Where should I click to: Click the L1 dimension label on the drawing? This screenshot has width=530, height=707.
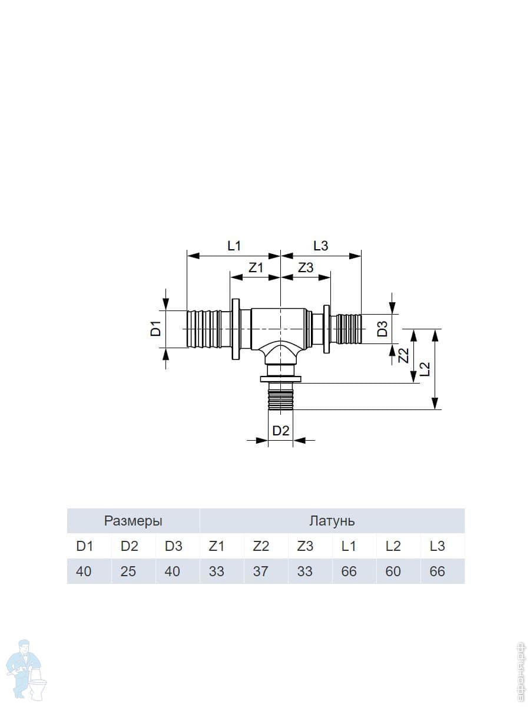point(234,246)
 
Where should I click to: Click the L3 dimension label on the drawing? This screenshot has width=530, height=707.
point(321,246)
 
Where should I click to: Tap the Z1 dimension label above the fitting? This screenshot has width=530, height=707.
point(256,267)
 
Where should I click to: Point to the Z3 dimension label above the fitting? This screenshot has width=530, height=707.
point(306,267)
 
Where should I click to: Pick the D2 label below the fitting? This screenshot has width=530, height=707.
point(281,431)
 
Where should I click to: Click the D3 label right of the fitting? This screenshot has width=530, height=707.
point(383,329)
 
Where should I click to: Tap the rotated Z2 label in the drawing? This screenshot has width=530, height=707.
point(403,355)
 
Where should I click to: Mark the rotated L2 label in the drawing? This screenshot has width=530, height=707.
point(425,369)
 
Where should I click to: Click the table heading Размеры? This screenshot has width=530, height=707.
point(133,521)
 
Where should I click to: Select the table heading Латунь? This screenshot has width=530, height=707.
point(332,521)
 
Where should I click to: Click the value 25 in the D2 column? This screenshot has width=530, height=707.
point(128,571)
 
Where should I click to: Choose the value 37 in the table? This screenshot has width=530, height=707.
point(261,571)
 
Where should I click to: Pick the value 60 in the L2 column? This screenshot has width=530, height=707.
point(393,571)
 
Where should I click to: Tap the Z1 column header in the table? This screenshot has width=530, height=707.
point(217,546)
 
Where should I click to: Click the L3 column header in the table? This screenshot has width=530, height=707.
point(438,546)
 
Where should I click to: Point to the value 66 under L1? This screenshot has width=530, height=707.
point(349,571)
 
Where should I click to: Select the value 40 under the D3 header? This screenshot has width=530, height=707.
point(173,571)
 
